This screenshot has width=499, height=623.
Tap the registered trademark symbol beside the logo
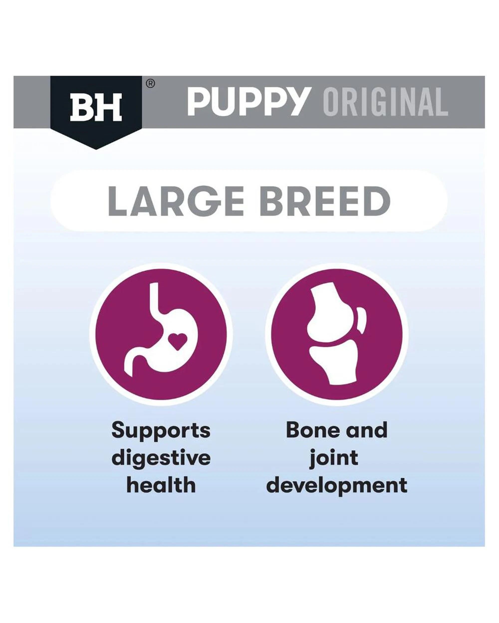point(150,84)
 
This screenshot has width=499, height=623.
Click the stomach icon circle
point(161,335)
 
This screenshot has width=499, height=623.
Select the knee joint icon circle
point(337,335)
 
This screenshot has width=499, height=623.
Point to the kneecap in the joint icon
point(361,321)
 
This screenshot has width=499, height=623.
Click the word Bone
point(313,438)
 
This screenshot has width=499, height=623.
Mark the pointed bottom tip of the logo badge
point(96,149)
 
